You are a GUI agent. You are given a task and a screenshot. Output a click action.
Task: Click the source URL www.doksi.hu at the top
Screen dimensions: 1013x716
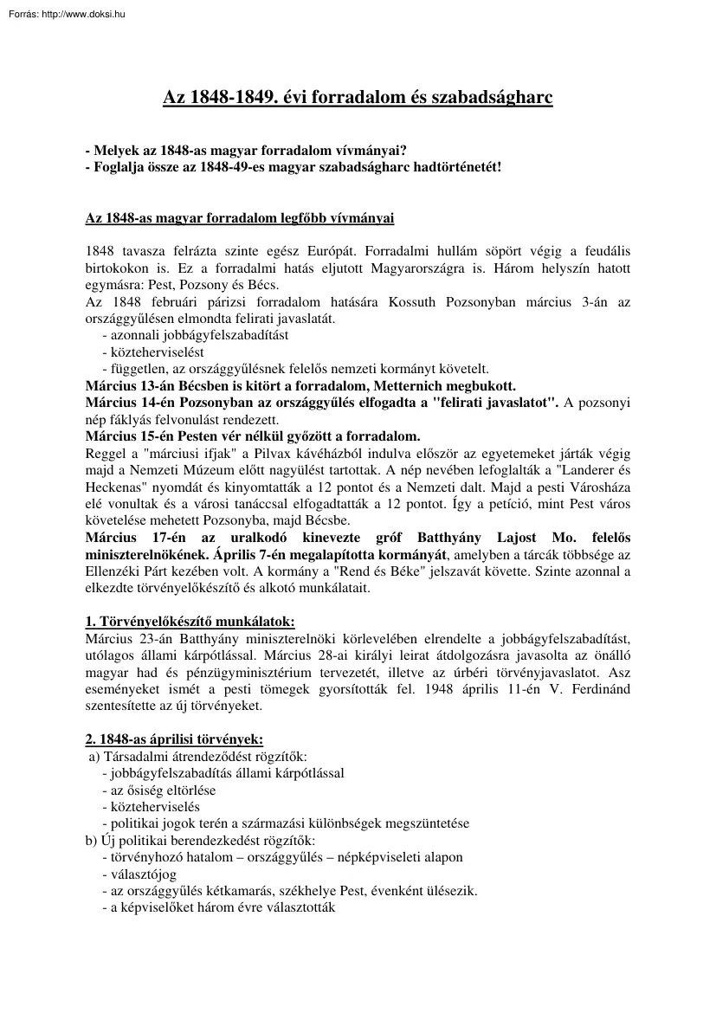pyautogui.click(x=72, y=12)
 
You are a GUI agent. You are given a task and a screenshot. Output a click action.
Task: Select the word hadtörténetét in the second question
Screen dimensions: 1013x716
pyautogui.click(x=454, y=167)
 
